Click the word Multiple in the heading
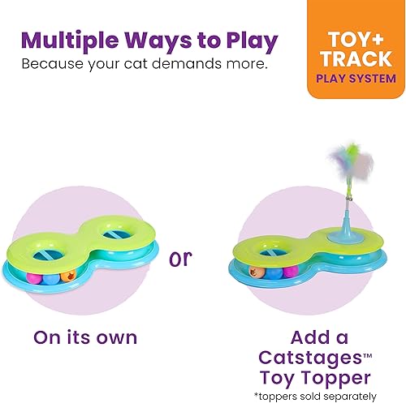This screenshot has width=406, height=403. coord(71,41)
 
